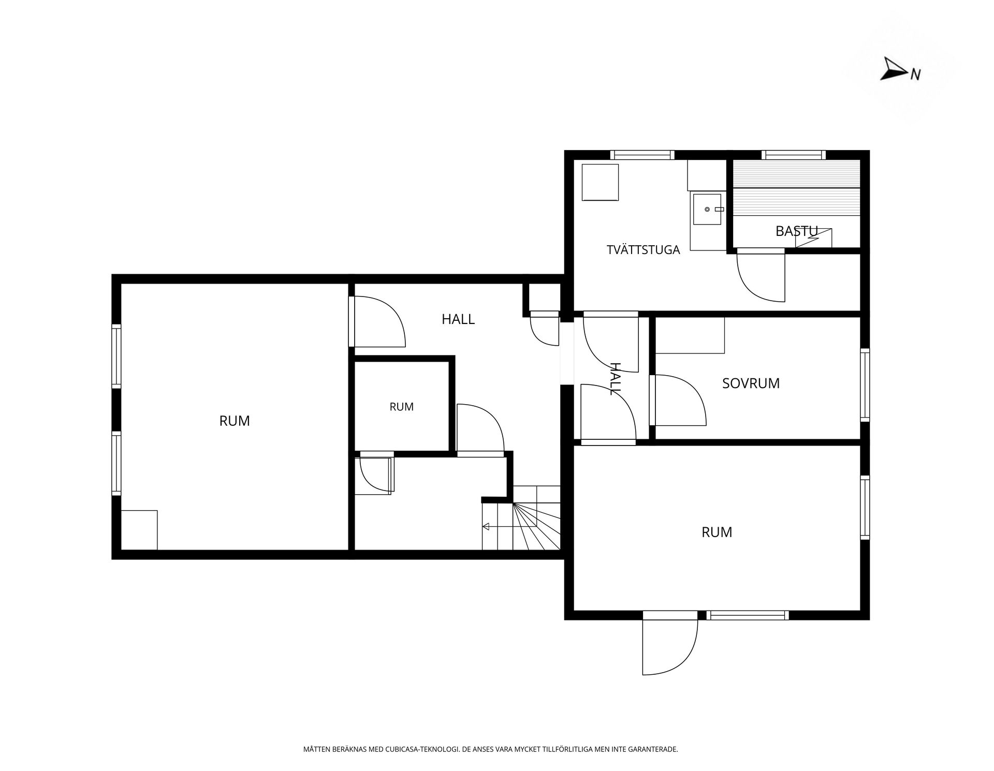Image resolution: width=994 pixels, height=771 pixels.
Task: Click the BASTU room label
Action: [796, 231]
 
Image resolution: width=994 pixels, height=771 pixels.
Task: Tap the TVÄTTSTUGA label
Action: [643, 250]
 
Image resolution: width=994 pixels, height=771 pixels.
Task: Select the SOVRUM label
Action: [751, 383]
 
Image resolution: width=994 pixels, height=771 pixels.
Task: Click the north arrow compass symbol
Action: [894, 69]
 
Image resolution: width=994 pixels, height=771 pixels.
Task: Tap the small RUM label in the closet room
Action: [402, 407]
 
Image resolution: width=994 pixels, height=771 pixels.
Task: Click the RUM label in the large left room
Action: [235, 421]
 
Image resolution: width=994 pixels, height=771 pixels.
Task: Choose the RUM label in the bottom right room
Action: [717, 532]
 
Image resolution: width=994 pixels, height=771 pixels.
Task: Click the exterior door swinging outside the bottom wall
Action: [670, 645]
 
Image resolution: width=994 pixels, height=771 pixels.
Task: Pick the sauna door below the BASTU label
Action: [761, 275]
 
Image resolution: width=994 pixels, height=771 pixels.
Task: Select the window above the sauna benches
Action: [793, 154]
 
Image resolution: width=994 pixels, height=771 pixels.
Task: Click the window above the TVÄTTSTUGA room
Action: [642, 154]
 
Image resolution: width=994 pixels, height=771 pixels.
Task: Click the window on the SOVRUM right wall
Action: [865, 384]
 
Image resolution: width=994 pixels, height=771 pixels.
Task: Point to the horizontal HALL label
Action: [458, 319]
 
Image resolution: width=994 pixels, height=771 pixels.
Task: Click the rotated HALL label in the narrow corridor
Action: [615, 379]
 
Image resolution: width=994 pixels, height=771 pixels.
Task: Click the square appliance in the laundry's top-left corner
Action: [601, 182]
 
